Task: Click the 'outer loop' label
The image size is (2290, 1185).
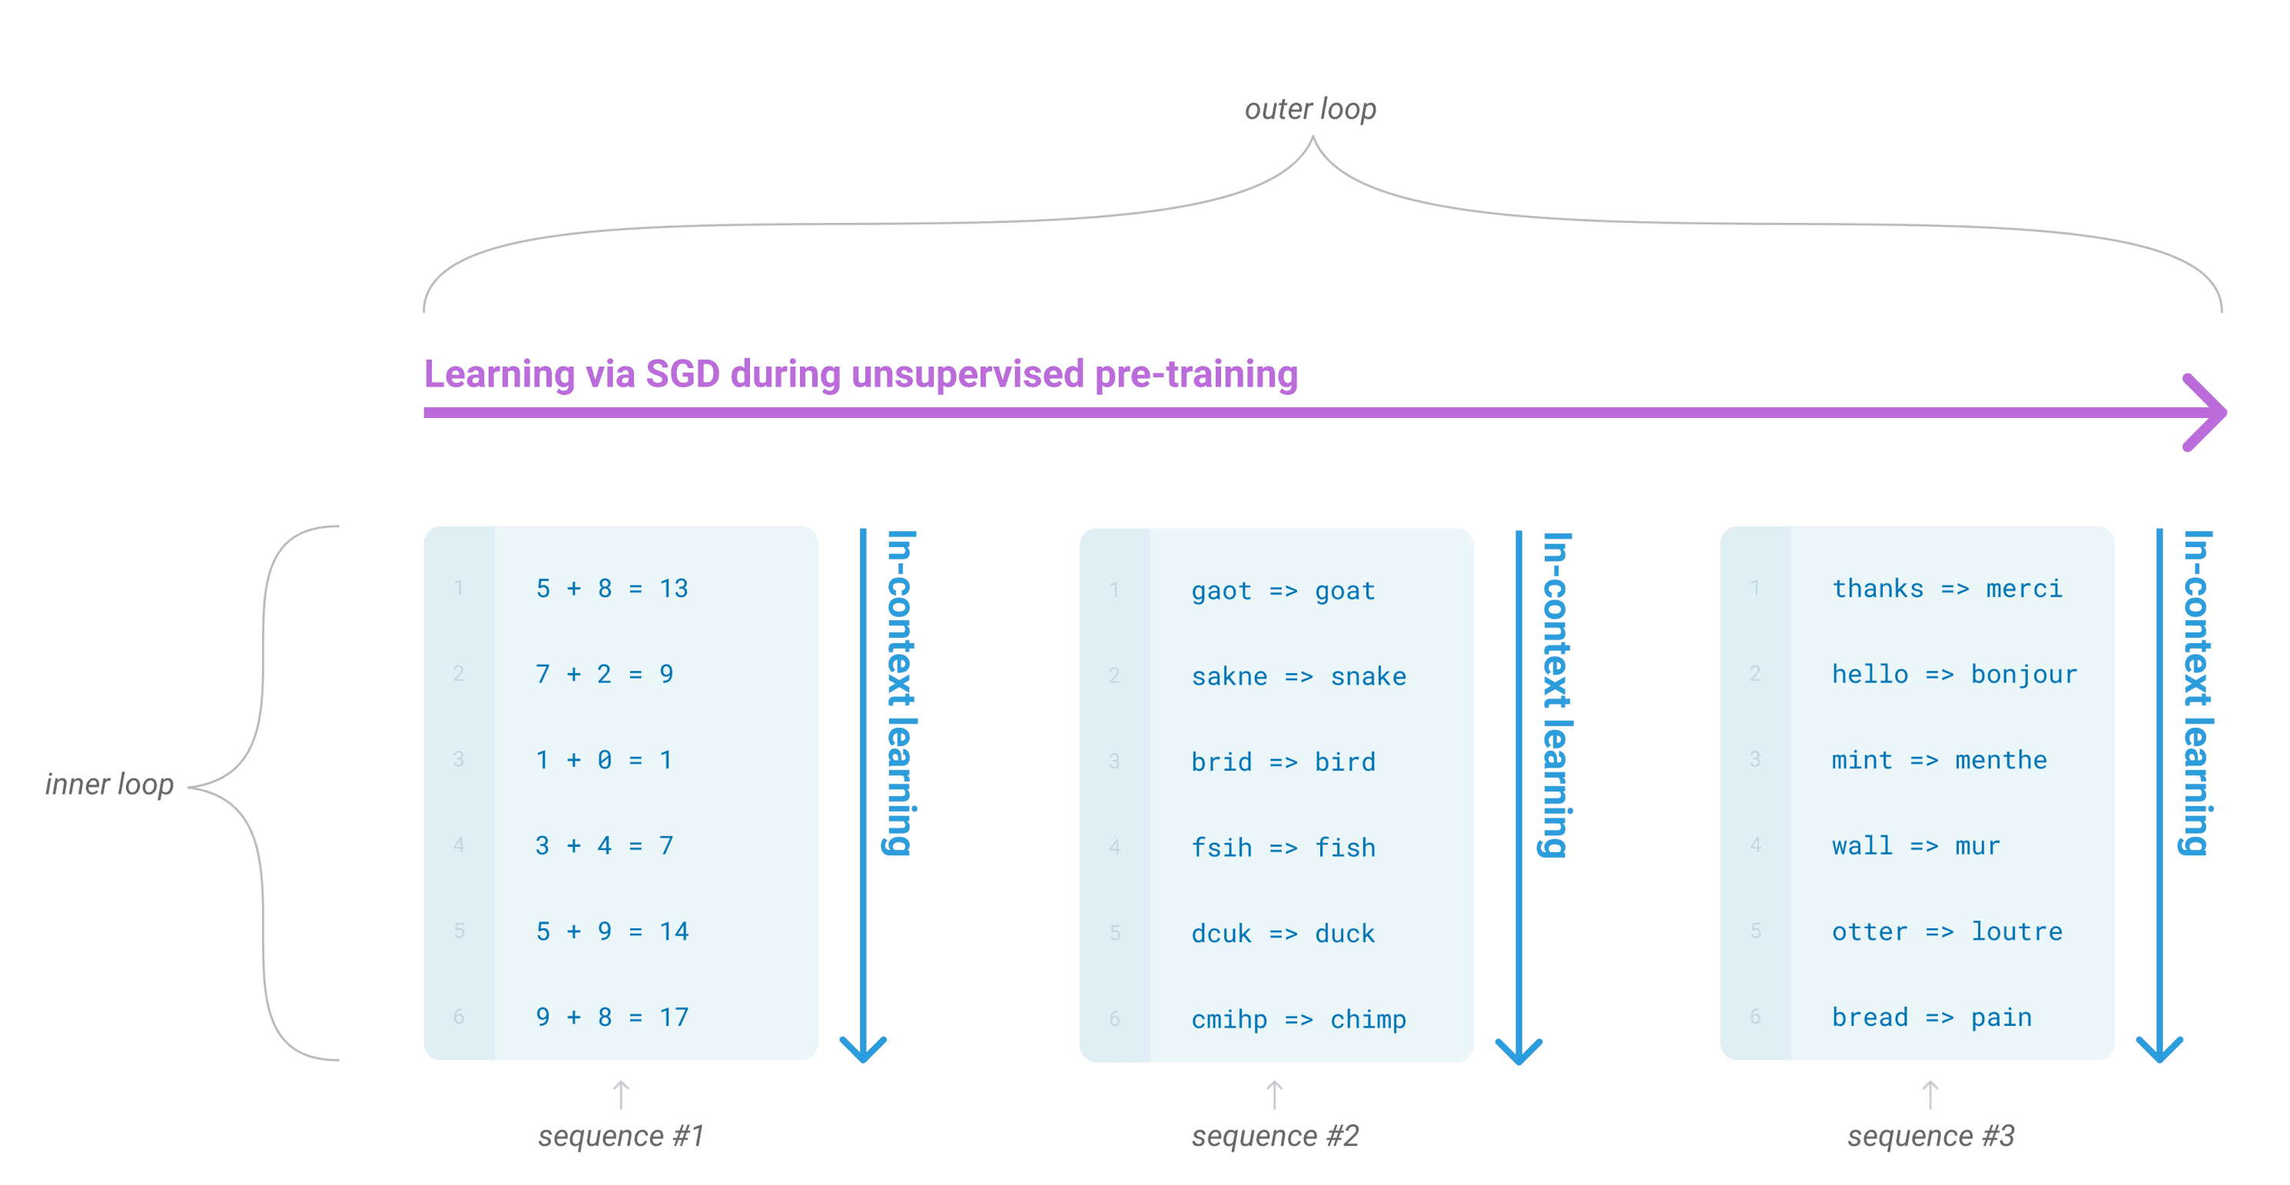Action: point(1310,109)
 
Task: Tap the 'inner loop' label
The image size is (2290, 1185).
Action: point(109,784)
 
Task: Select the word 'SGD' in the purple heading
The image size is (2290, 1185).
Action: point(682,374)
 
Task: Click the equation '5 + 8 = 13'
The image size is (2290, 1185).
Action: point(612,589)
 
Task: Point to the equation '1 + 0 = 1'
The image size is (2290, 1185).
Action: point(603,760)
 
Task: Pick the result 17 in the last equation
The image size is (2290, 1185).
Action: point(674,1017)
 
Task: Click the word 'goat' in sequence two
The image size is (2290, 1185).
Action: point(1345,592)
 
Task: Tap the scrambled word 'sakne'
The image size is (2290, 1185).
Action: point(1230,676)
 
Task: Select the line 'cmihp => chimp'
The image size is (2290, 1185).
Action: point(1299,1020)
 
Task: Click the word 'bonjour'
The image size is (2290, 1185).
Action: point(2024,674)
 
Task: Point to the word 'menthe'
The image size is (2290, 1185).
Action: point(2001,760)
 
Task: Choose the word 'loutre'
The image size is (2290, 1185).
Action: point(2017,931)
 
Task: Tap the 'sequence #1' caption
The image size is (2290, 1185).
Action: point(622,1135)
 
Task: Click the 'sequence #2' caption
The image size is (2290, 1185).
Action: point(1276,1135)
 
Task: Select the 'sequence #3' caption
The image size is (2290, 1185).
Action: point(1931,1135)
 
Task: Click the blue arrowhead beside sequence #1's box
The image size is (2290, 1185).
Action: point(863,1049)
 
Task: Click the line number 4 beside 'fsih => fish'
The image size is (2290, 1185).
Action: point(1115,847)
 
